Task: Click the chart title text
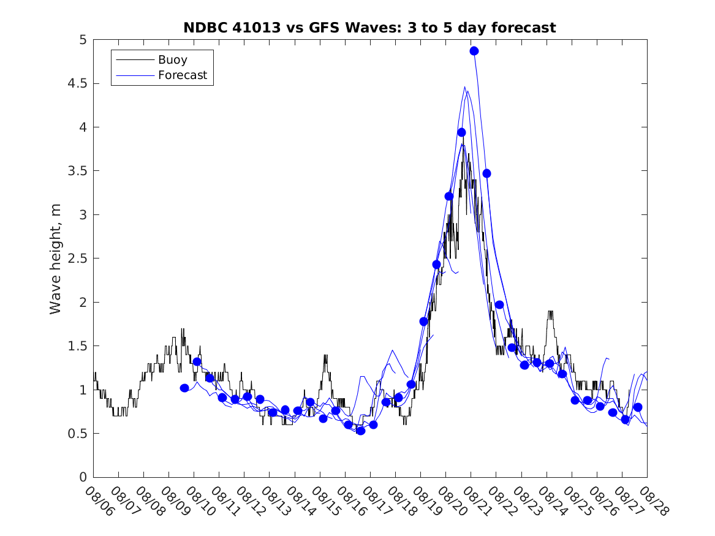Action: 369,28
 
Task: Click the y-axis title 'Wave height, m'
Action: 56,259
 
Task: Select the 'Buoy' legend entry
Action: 173,60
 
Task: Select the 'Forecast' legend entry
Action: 183,75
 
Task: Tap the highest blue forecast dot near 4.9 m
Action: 474,51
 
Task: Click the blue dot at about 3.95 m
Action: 461,132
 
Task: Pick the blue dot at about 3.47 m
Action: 486,173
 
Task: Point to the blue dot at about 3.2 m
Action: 449,196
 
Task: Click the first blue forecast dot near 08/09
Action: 184,388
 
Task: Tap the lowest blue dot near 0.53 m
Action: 361,431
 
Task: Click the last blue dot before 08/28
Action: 638,407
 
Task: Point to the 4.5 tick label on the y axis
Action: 77,83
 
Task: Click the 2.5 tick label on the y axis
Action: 77,259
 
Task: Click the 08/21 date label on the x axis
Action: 477,501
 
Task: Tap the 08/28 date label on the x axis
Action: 653,501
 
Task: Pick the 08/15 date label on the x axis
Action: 326,501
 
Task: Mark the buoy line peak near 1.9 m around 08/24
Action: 550,312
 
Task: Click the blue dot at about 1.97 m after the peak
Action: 499,304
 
